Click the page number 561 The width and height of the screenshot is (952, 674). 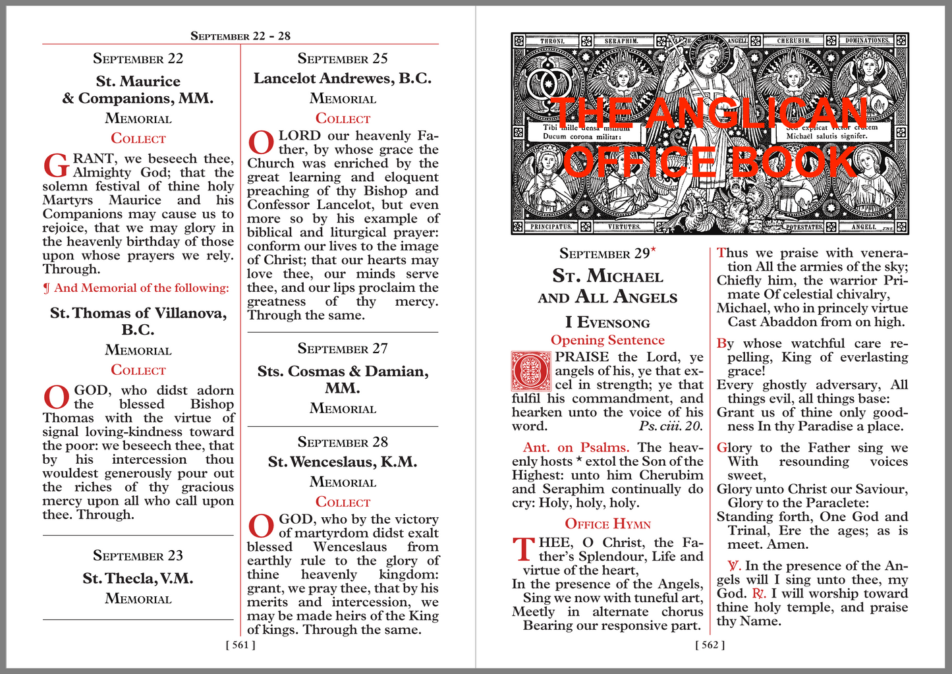click(240, 645)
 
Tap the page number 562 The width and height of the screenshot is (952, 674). click(710, 645)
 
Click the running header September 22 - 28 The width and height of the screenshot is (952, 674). click(240, 36)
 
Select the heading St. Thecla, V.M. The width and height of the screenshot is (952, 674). click(138, 578)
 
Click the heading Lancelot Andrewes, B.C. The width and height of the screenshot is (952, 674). click(343, 78)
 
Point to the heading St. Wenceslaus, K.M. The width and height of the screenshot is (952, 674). click(343, 462)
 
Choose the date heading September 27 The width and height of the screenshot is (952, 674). click(343, 349)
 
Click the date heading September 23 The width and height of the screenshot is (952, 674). click(138, 555)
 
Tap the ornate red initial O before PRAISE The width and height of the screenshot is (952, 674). click(531, 371)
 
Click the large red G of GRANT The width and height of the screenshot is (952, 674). click(55, 167)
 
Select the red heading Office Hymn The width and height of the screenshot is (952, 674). click(607, 524)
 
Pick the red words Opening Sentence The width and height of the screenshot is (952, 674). click(607, 340)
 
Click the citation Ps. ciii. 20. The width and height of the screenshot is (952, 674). click(671, 426)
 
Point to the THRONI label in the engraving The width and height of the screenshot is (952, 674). click(552, 41)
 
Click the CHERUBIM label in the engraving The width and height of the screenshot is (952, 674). click(793, 41)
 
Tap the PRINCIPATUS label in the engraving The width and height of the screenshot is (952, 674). click(552, 227)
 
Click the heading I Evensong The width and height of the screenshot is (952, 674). click(607, 322)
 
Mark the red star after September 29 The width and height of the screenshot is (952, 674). click(654, 249)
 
